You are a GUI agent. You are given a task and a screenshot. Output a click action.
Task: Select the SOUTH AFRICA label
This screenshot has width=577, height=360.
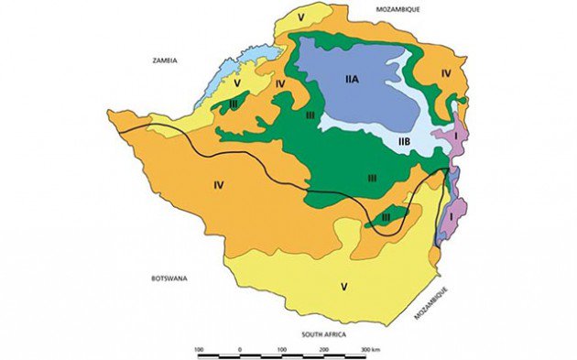(x=325, y=335)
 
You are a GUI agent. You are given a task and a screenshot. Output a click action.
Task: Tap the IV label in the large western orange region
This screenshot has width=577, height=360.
(x=218, y=186)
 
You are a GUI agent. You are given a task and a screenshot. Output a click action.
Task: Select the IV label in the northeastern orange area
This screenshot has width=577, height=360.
(x=446, y=70)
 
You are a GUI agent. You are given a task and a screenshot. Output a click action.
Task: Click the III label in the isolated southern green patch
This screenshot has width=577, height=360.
(x=386, y=216)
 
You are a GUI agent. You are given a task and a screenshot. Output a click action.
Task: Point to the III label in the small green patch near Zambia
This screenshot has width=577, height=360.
(x=234, y=106)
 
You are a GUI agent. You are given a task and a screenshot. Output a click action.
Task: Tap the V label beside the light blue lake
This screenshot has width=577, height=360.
(x=236, y=82)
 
